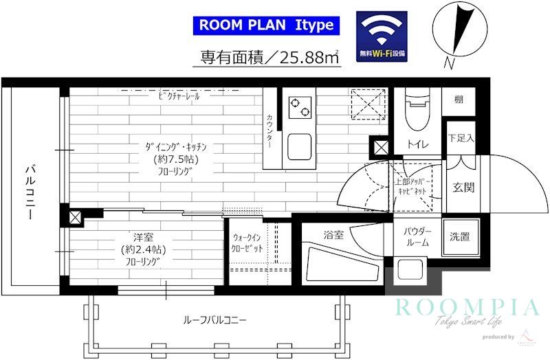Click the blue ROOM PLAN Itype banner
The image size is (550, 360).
266,25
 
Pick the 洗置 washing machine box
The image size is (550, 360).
459,237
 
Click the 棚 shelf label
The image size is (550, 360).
459,100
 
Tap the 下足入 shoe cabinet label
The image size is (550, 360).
461,138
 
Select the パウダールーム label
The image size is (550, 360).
416,236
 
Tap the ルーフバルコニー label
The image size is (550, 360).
214,319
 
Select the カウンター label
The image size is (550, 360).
269,132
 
